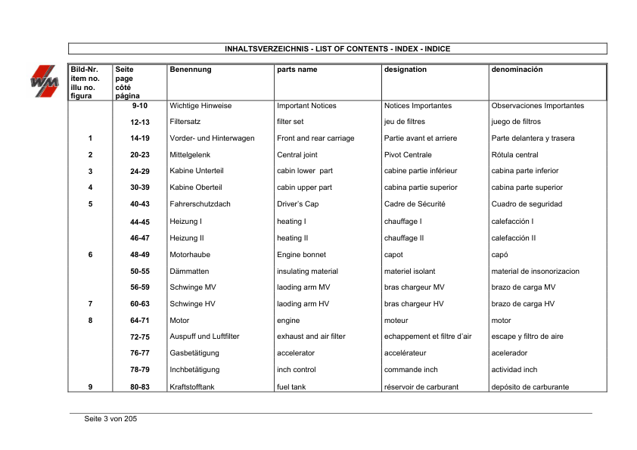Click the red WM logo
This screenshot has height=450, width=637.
45,80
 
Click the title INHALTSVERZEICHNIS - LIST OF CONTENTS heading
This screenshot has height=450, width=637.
337,49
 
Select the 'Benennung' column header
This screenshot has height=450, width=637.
191,70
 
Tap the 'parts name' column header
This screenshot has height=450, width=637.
297,70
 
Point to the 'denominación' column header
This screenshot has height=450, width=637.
517,70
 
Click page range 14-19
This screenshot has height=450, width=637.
140,138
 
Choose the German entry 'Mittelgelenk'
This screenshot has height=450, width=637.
191,155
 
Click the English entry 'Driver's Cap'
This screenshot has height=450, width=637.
299,204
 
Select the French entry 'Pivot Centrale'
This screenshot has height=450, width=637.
408,155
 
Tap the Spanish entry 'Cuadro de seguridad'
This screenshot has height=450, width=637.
527,204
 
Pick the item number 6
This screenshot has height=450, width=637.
90,255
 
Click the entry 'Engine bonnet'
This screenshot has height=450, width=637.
301,255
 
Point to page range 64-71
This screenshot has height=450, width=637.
140,321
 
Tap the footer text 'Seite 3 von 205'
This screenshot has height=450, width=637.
110,419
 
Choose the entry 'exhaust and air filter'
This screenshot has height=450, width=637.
311,337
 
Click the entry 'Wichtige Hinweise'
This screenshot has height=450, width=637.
200,106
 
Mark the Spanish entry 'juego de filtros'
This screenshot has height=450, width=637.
516,122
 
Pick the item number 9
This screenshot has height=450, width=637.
90,387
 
